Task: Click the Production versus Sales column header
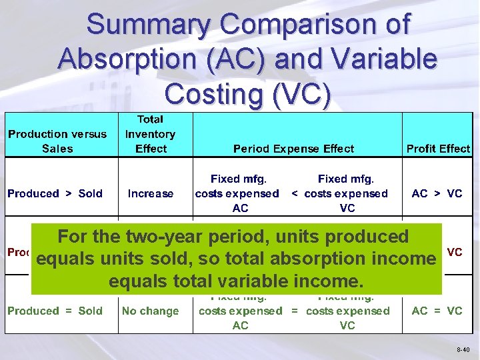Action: (57, 141)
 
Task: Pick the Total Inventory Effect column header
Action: (151, 133)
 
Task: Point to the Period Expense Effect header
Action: (293, 149)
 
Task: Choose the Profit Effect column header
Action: (438, 149)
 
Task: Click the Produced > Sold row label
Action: (55, 193)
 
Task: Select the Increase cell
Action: (151, 193)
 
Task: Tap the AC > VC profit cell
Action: (437, 193)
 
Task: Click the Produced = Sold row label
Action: (55, 311)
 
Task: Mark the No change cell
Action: (151, 311)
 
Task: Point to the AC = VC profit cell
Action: (437, 311)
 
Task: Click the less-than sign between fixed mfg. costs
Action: (295, 193)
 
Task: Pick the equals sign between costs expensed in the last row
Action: (295, 311)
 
